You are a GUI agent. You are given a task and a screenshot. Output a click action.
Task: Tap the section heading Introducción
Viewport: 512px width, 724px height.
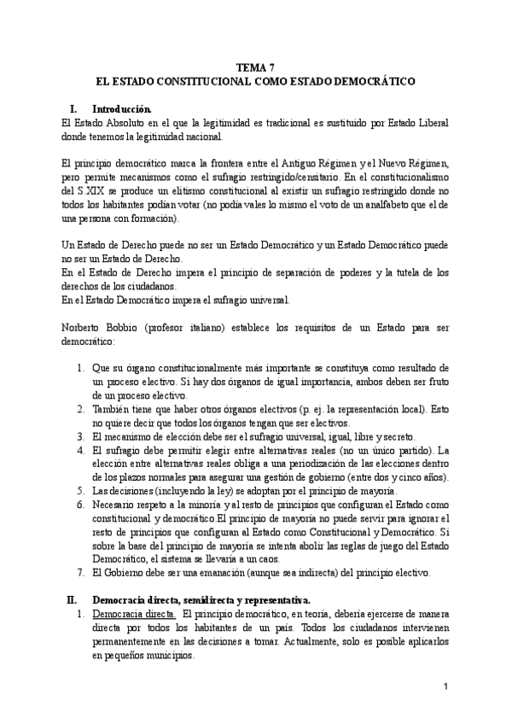click(x=122, y=109)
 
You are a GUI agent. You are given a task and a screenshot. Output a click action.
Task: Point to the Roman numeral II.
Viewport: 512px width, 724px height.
click(x=72, y=598)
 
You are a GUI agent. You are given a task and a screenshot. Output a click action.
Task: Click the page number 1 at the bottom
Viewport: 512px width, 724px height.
click(x=445, y=686)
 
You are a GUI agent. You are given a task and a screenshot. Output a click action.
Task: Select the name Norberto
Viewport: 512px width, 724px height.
click(x=85, y=328)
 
